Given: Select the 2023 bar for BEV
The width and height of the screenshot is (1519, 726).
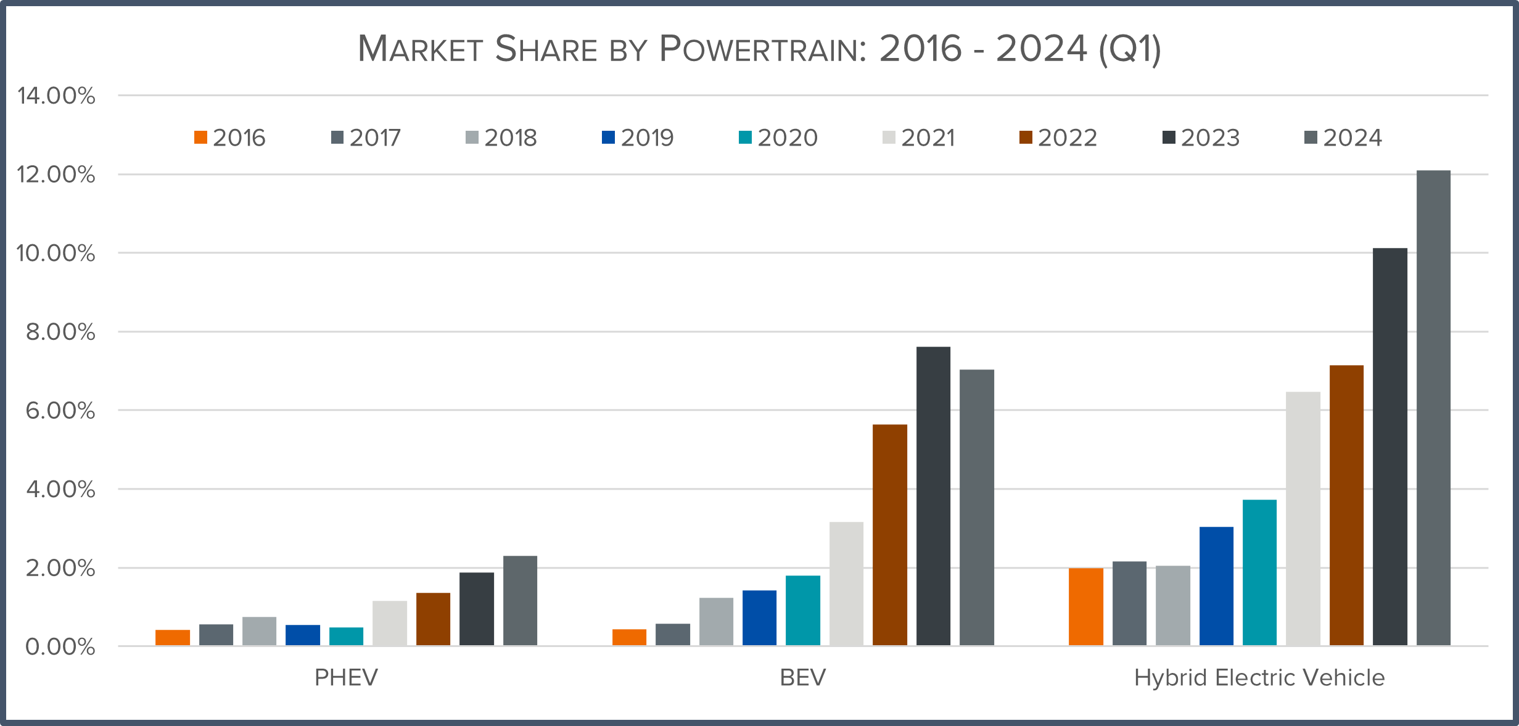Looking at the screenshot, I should (x=933, y=497).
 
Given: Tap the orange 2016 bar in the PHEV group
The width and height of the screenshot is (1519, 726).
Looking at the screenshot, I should (x=173, y=638).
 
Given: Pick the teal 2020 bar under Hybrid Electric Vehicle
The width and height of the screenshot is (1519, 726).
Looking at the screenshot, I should (x=1259, y=573).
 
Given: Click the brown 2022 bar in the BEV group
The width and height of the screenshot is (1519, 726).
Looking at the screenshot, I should (x=890, y=535).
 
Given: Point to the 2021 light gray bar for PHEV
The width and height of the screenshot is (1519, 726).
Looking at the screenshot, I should (x=390, y=624).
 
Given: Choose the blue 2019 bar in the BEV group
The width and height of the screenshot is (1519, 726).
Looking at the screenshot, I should (x=759, y=618).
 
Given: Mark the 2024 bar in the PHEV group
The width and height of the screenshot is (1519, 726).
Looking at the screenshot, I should (x=520, y=601).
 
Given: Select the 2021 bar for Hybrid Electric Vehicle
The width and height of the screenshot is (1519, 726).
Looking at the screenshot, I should (x=1303, y=519).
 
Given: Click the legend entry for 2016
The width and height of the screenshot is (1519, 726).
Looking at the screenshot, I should (x=229, y=138).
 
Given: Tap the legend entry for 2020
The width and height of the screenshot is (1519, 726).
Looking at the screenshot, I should (x=778, y=138).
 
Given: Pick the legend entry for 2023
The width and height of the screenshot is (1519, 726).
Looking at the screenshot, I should (x=1201, y=138).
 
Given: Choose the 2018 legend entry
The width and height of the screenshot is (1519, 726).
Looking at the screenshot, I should (x=501, y=138).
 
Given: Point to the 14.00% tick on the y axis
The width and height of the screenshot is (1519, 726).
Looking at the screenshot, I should (x=57, y=96).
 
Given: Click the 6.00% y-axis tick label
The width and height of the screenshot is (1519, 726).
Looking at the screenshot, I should (x=60, y=411).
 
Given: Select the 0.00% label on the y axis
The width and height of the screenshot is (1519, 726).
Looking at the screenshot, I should (x=60, y=647).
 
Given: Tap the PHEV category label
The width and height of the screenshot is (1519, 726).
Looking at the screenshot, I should (x=346, y=678).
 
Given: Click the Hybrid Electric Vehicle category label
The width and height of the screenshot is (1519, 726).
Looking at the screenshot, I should (x=1259, y=678).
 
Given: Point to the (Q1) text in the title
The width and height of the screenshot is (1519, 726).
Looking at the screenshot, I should (x=1129, y=49).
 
